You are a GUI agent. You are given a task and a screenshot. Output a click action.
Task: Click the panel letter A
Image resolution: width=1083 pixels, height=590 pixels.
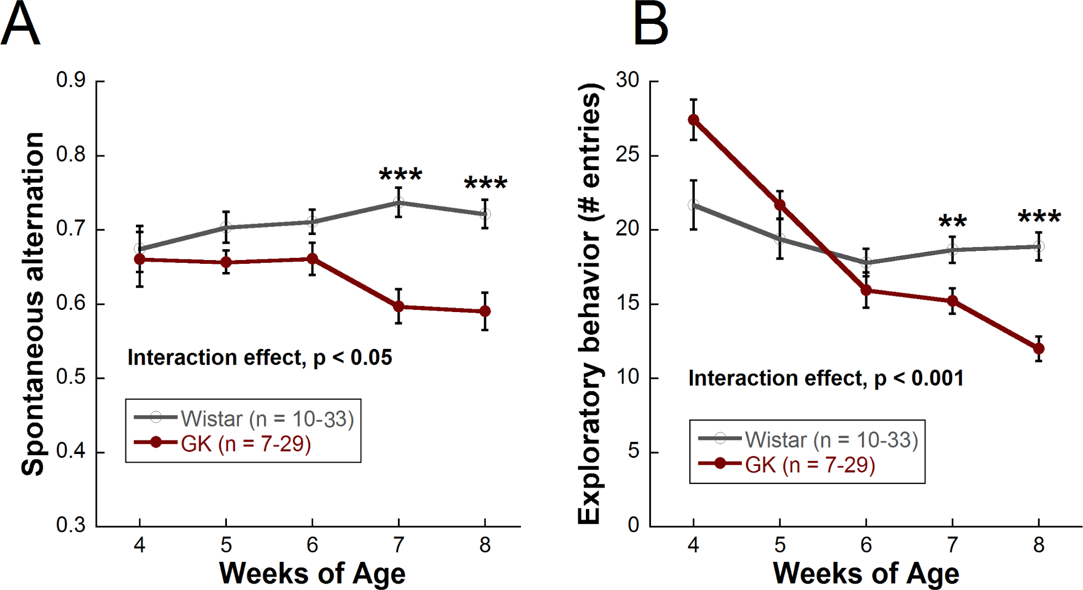(x=21, y=24)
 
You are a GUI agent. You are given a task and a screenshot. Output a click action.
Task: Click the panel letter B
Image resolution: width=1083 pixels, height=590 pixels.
(x=650, y=24)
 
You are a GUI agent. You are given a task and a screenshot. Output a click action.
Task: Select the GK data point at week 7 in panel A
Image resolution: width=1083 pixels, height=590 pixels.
(x=399, y=307)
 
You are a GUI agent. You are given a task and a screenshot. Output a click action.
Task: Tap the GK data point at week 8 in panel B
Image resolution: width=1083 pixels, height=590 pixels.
(x=1039, y=349)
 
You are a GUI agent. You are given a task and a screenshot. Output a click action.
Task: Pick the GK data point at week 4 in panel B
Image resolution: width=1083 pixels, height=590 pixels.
(x=694, y=120)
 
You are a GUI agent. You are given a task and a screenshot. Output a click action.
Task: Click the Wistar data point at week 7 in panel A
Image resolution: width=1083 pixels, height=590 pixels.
(x=399, y=203)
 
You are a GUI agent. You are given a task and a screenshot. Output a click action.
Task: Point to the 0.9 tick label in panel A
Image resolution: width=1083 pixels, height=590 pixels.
(x=71, y=80)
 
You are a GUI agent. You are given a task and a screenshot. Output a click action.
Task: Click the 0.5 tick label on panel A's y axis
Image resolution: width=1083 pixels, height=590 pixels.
(x=71, y=377)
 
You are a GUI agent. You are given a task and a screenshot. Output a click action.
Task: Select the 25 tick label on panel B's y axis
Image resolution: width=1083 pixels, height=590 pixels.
(x=628, y=155)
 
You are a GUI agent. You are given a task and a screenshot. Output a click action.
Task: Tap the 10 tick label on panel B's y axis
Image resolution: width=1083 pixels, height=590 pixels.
(x=628, y=377)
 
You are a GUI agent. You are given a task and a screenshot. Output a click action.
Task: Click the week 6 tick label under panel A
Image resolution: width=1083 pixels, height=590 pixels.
(x=312, y=545)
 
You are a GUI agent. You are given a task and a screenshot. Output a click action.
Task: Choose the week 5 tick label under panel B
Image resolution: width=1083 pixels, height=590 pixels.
(x=780, y=545)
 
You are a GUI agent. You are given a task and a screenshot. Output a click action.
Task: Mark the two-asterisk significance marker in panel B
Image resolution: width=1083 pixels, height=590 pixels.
(x=952, y=221)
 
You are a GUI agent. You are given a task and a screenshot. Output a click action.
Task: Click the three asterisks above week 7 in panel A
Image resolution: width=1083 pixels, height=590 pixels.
(x=400, y=174)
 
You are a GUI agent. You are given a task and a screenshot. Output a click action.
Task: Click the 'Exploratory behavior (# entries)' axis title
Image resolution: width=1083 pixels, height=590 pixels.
(x=590, y=303)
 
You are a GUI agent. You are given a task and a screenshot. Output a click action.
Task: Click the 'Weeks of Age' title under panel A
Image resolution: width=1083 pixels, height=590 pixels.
(x=312, y=573)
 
